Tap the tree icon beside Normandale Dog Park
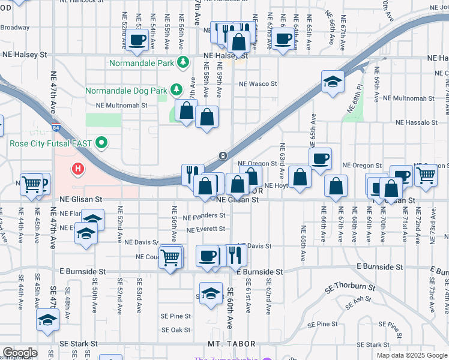pyautogui.click(x=176, y=90)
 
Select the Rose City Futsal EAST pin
pyautogui.click(x=101, y=143)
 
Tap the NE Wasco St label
pyautogui.click(x=258, y=84)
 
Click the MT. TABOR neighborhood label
pyautogui.click(x=232, y=344)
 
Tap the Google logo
pyautogui.click(x=20, y=353)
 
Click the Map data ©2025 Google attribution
pyautogui.click(x=412, y=355)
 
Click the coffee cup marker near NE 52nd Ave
pyautogui.click(x=137, y=41)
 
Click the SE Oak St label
pyautogui.click(x=176, y=330)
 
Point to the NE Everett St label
pyautogui.click(x=206, y=229)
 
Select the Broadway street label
pyautogui.click(x=14, y=27)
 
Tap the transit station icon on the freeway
pyautogui.click(x=223, y=156)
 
